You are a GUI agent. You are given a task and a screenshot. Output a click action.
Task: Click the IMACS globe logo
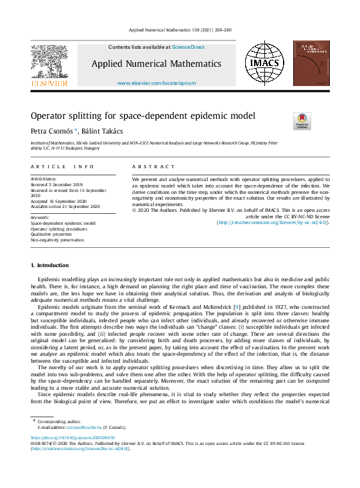[x=264, y=64]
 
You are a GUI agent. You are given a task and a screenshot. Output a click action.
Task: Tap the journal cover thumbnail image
[x=311, y=64]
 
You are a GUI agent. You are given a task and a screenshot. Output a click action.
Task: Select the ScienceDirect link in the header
[x=189, y=47]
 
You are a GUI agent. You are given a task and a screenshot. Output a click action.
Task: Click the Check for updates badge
[x=302, y=121]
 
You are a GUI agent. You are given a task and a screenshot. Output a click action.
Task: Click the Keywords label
[x=40, y=218]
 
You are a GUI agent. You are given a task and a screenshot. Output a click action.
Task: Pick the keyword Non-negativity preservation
[x=57, y=240]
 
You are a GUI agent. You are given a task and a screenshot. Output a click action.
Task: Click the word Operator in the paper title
[x=51, y=116]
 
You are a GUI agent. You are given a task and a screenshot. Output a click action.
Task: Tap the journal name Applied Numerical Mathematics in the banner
[x=156, y=64]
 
